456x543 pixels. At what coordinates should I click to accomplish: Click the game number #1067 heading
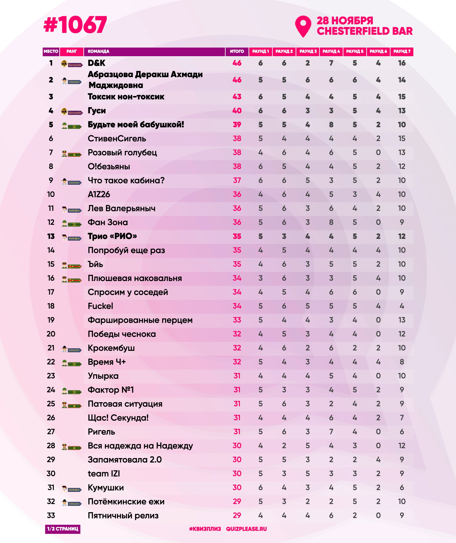75,25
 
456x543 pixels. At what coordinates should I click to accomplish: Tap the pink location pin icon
303,26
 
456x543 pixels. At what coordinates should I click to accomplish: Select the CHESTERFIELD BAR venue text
365,31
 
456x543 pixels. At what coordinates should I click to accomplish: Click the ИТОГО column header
237,51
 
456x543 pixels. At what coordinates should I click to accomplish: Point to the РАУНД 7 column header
402,51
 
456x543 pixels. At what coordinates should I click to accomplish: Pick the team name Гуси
97,111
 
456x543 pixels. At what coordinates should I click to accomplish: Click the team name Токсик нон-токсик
126,97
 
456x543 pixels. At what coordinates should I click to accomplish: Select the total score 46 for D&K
237,63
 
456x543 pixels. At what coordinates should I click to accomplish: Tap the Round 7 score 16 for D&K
402,63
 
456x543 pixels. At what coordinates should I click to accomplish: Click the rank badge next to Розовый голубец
72,154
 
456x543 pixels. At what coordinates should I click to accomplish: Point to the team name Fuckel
100,306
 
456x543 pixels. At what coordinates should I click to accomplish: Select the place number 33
51,516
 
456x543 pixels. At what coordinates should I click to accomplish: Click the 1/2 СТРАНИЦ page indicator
63,529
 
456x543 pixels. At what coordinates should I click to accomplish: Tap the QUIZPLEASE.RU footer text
246,529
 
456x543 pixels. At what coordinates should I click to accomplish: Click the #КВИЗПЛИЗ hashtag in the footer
205,529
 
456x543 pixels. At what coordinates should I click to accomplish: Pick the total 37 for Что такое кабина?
237,180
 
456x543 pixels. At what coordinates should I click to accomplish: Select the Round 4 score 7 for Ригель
331,432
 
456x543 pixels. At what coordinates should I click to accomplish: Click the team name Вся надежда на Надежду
140,446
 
